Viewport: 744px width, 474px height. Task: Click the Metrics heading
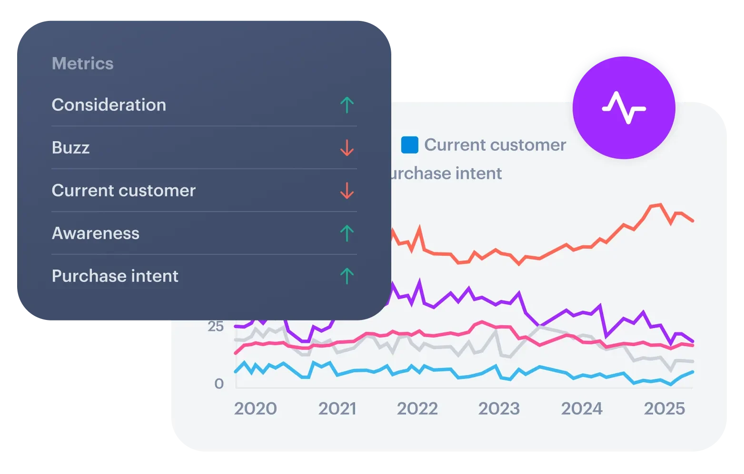pos(82,64)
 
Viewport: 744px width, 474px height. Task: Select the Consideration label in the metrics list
pos(109,105)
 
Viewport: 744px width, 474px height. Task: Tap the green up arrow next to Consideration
pos(347,105)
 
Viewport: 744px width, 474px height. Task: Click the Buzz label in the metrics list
pos(70,148)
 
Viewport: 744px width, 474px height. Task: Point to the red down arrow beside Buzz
pos(347,148)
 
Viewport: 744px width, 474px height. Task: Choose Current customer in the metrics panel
pos(123,191)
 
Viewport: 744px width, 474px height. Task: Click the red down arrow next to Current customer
pos(347,191)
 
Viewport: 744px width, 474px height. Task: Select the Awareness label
pos(95,233)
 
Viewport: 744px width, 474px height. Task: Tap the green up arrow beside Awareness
pos(347,233)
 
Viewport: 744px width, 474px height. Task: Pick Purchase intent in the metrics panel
pos(115,276)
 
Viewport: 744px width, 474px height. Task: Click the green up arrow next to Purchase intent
pos(347,276)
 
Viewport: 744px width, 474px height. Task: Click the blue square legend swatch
pos(409,145)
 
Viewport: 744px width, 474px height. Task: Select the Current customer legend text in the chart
pos(495,145)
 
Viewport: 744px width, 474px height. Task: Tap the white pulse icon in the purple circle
pos(624,108)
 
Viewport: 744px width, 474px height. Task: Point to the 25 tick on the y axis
pos(216,327)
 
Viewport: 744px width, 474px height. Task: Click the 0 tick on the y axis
pos(219,384)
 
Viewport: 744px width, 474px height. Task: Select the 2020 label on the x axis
pos(255,409)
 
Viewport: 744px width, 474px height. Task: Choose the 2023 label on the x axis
pos(499,409)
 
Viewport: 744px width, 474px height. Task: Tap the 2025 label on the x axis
pos(664,409)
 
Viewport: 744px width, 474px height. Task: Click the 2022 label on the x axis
pos(417,409)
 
